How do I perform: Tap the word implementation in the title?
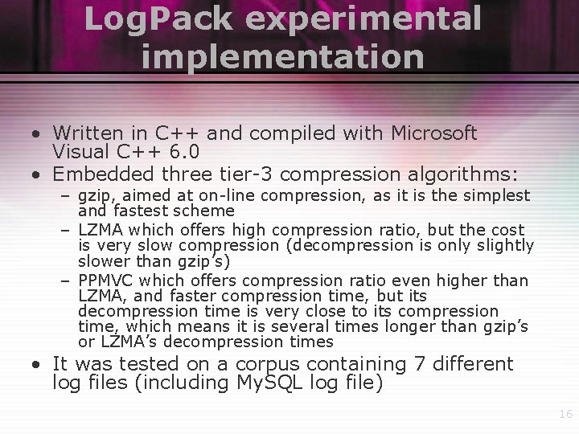click(281, 56)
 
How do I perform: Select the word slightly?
click(507, 245)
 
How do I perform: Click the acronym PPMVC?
click(108, 280)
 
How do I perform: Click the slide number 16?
click(565, 414)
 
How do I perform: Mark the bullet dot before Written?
click(38, 133)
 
